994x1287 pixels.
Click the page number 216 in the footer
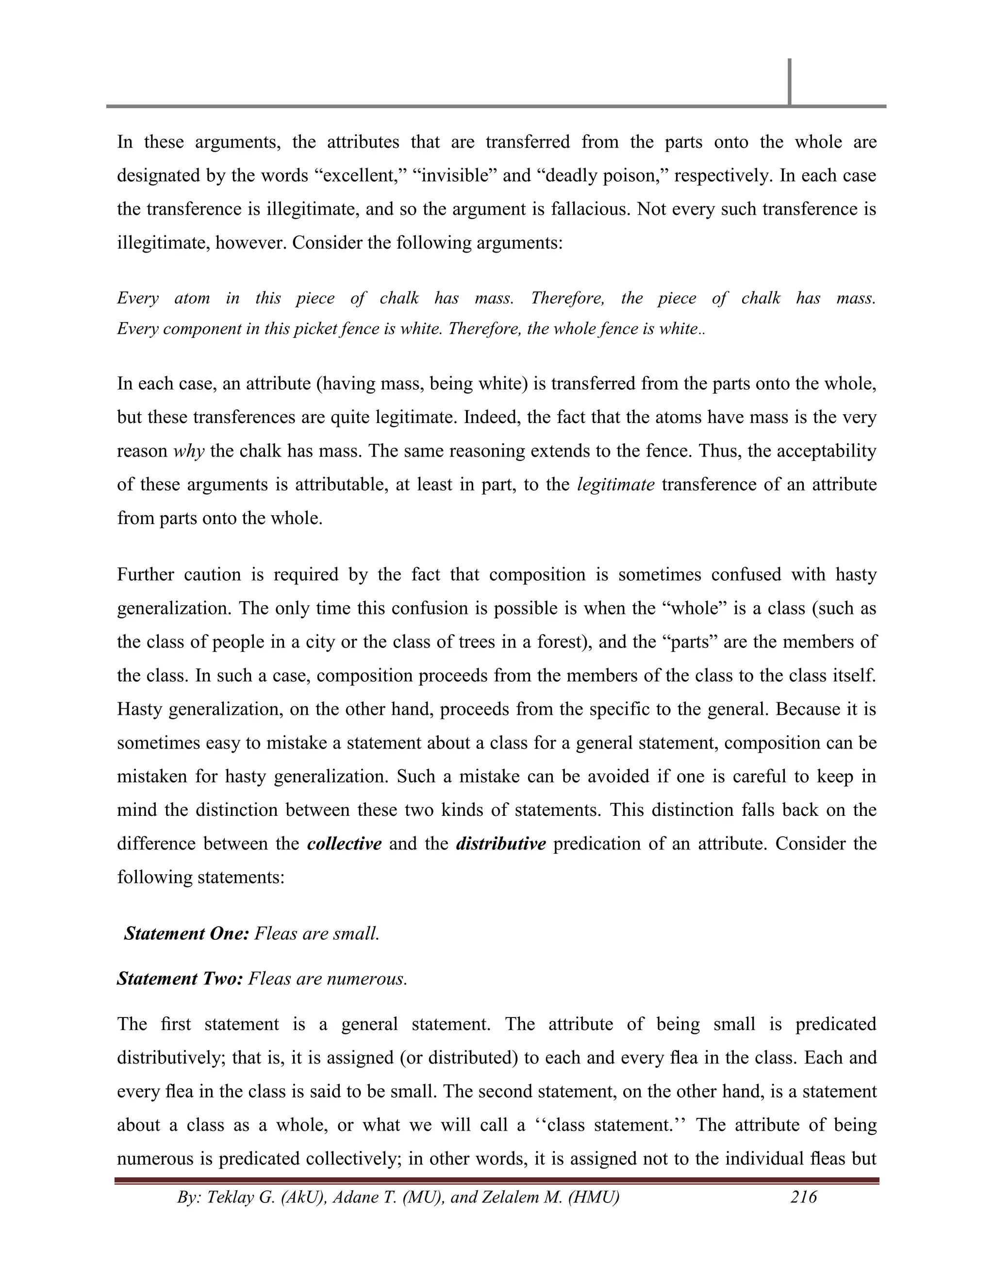coord(804,1197)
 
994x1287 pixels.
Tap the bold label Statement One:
coord(187,934)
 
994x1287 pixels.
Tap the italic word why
coord(188,451)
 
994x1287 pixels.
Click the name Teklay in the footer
coord(229,1197)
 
